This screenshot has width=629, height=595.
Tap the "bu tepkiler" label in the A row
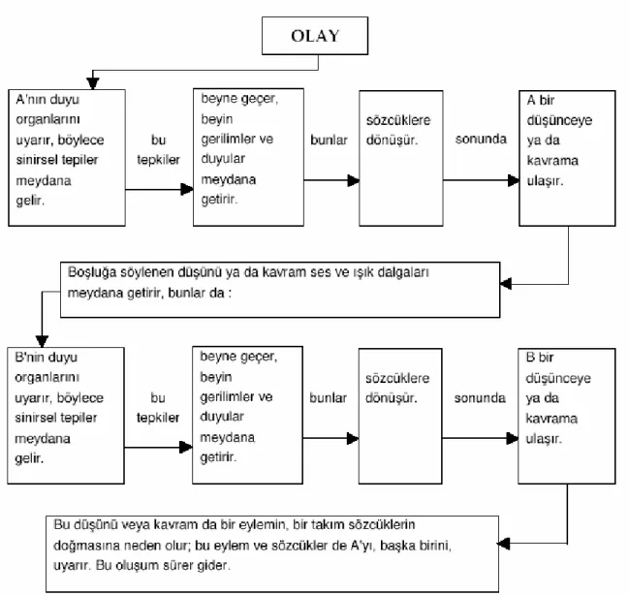pyautogui.click(x=158, y=149)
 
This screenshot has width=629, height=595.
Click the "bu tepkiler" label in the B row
pyautogui.click(x=158, y=408)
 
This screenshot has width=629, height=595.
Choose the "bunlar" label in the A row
pyautogui.click(x=329, y=140)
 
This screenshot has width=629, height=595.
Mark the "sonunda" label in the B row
pyautogui.click(x=480, y=398)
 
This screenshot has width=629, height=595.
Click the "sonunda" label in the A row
pyautogui.click(x=481, y=139)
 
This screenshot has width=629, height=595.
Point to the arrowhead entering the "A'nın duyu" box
pyautogui.click(x=93, y=83)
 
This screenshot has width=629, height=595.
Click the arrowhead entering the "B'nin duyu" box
pyautogui.click(x=42, y=341)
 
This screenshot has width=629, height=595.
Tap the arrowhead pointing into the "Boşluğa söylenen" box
pyautogui.click(x=506, y=284)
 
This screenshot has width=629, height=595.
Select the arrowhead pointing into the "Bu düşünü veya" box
pyautogui.click(x=504, y=544)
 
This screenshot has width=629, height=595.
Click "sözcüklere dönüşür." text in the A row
pyautogui.click(x=398, y=130)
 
